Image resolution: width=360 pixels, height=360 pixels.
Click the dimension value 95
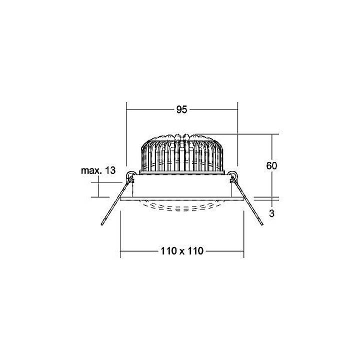(x=181, y=109)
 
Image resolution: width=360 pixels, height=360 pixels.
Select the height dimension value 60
(x=271, y=166)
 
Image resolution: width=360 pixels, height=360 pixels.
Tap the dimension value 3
(x=271, y=213)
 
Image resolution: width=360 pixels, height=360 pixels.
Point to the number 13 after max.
(x=110, y=170)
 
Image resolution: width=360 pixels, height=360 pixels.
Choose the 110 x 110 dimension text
(x=181, y=251)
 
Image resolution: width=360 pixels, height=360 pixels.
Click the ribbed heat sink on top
(x=181, y=152)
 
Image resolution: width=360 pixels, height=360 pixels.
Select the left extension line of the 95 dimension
(x=126, y=135)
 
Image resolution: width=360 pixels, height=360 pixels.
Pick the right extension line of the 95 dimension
(x=237, y=135)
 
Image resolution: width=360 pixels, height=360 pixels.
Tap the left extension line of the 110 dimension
(x=120, y=230)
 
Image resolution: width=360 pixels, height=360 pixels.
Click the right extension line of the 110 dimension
(x=243, y=230)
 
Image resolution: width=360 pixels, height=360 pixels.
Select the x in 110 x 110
(x=181, y=251)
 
